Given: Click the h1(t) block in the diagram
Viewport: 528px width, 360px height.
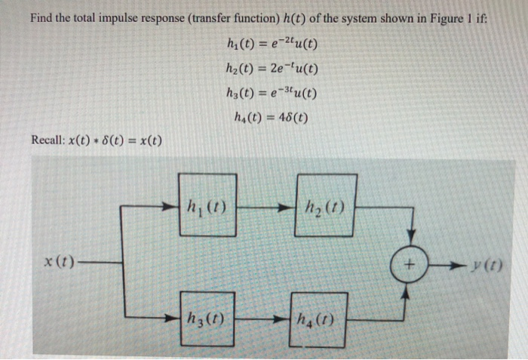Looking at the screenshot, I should point(208,205).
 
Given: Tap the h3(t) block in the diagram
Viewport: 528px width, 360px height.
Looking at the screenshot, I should point(205,317).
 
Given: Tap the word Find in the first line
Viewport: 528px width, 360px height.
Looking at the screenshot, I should point(42,17).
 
